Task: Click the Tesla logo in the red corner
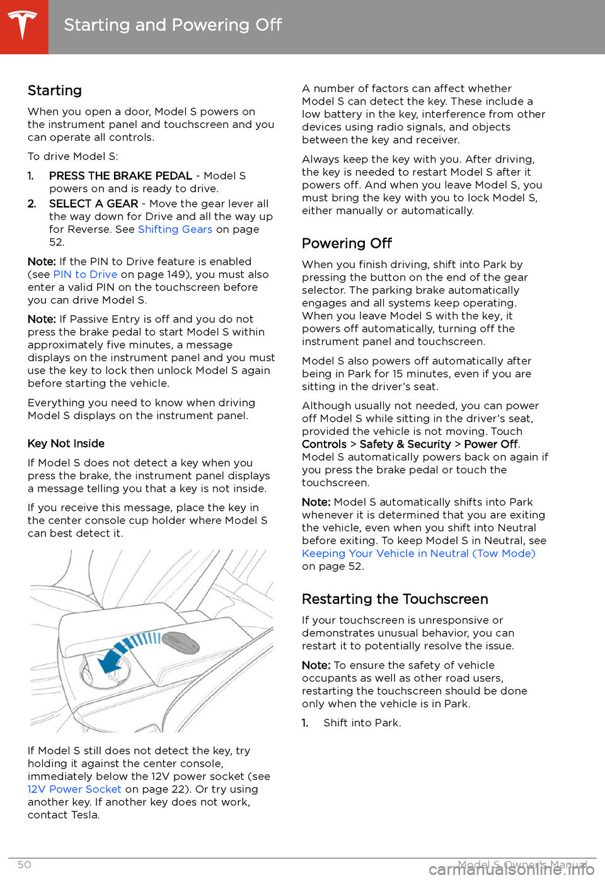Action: click(23, 25)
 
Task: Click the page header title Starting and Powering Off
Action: click(173, 25)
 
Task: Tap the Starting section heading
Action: click(55, 91)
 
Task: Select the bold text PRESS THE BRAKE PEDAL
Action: click(120, 176)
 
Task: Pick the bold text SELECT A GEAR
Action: click(93, 204)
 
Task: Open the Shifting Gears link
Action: click(175, 229)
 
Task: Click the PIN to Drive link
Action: click(85, 275)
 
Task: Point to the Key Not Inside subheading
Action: click(66, 444)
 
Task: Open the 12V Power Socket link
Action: click(74, 789)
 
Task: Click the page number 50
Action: click(24, 865)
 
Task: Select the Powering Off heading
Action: click(347, 244)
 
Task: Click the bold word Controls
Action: click(324, 444)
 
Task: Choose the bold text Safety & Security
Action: click(405, 444)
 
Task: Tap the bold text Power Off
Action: click(491, 444)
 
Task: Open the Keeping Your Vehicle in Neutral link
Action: click(418, 553)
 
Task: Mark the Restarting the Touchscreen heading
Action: click(395, 599)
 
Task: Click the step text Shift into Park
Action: click(362, 723)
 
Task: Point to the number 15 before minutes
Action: click(398, 374)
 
